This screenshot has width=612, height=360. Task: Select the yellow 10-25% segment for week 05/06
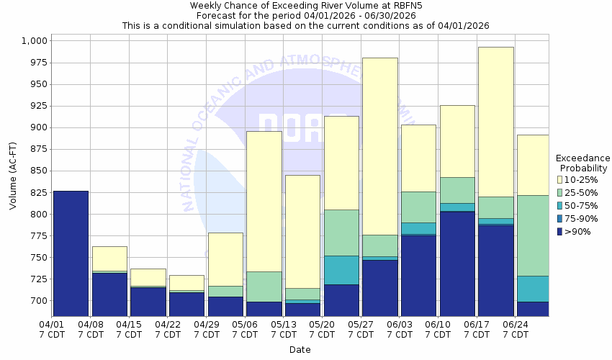pyautogui.click(x=264, y=202)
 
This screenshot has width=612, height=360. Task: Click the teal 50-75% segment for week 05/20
pyautogui.click(x=342, y=270)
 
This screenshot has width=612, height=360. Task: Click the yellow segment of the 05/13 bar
pyautogui.click(x=302, y=231)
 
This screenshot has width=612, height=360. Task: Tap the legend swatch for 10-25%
pyautogui.click(x=560, y=179)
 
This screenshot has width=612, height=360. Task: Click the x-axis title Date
pyautogui.click(x=300, y=350)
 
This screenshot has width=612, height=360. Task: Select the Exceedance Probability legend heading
pyautogui.click(x=582, y=163)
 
